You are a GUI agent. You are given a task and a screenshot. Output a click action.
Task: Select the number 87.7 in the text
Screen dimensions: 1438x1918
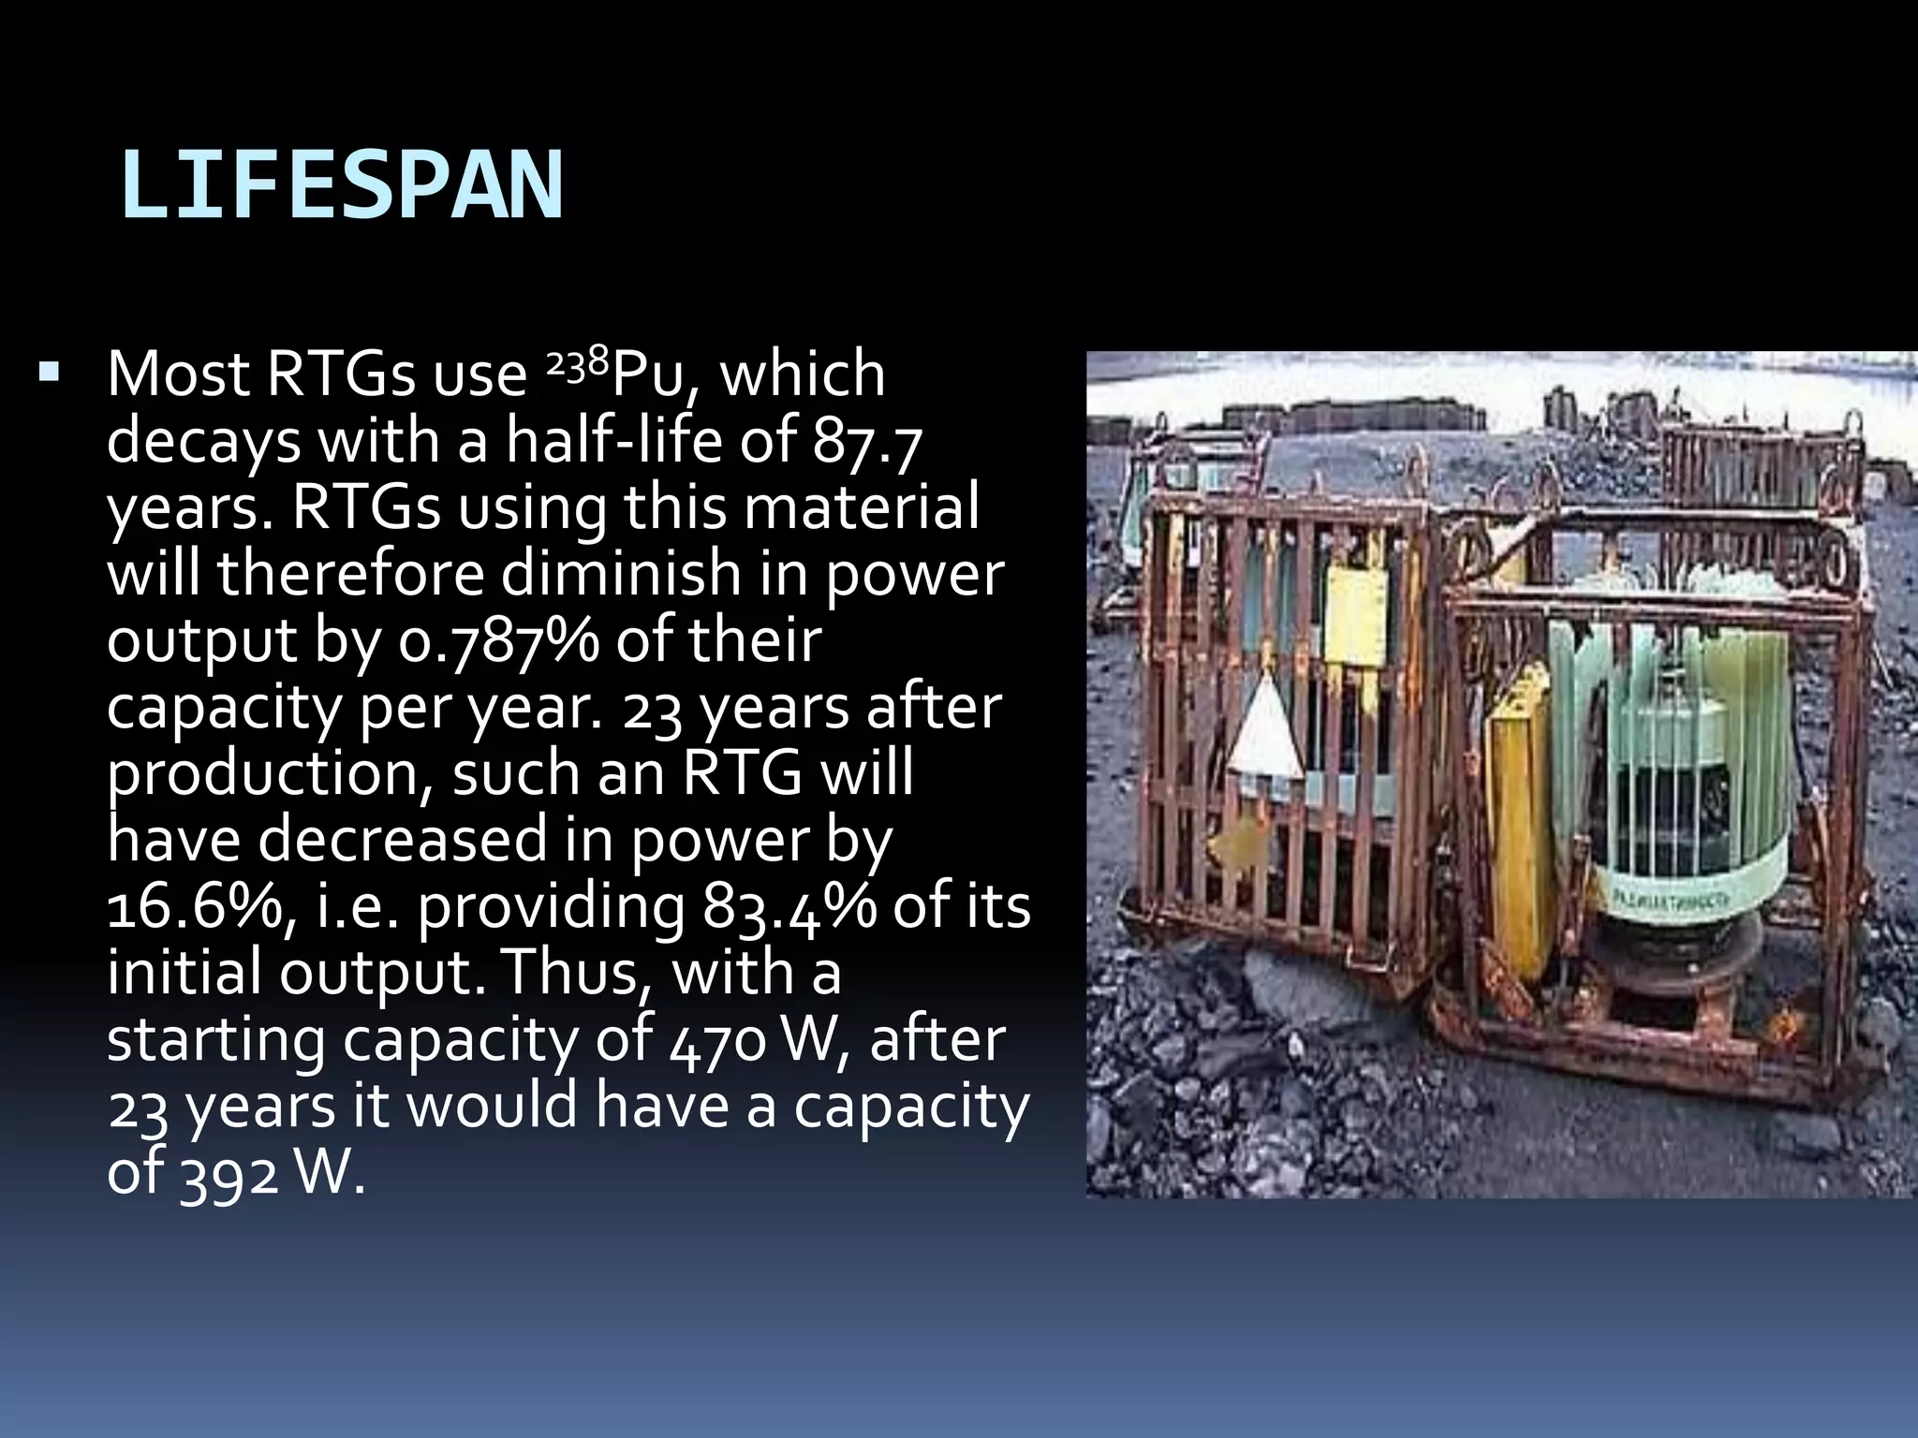pos(867,442)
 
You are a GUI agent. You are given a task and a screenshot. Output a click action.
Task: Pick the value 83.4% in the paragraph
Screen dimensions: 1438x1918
pos(789,908)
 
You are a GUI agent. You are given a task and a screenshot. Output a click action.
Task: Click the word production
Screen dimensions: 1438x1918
pos(267,775)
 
